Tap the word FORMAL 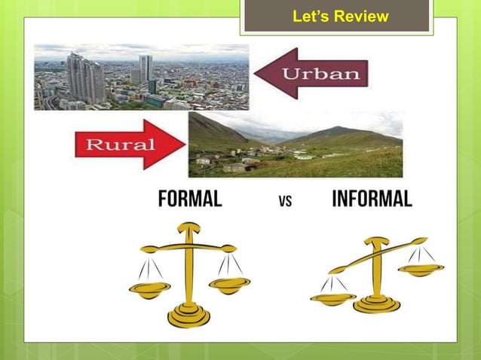[189, 199]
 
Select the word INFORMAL [372, 199]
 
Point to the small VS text [285, 201]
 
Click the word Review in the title [363, 16]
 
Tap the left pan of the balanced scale [151, 288]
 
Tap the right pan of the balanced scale [229, 284]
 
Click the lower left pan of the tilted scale [332, 297]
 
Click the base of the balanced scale [188, 314]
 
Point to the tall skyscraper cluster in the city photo [84, 78]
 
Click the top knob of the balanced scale [188, 226]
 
